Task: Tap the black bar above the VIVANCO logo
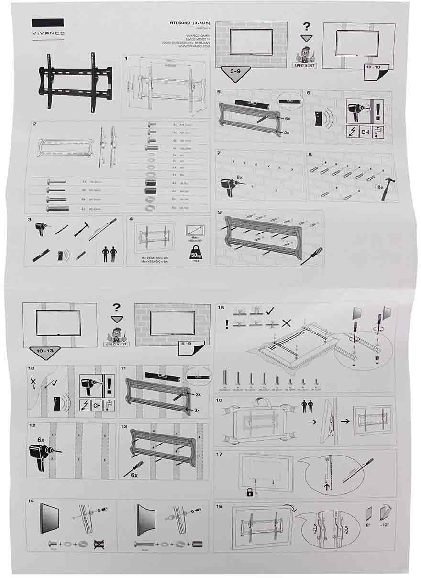[x=47, y=23]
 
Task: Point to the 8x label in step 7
[x=240, y=178]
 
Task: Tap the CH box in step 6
[x=365, y=132]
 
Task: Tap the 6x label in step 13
[x=133, y=475]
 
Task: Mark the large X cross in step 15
[x=286, y=323]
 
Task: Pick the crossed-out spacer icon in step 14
[x=99, y=544]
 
